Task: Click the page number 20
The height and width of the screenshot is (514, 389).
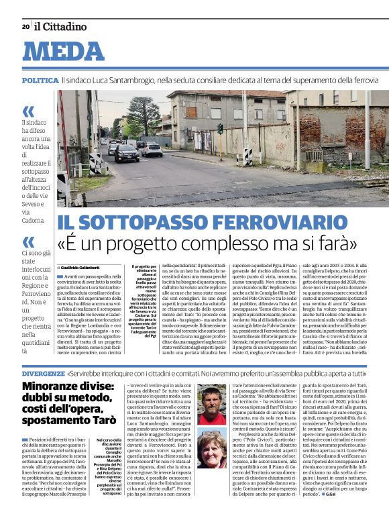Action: coord(25,27)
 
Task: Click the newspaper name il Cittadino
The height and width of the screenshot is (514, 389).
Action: coord(60,27)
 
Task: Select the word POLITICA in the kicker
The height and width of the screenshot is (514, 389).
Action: coord(39,80)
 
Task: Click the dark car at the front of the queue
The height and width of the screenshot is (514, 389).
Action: coord(127,153)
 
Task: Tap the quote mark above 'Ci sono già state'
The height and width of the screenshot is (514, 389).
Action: coord(28,241)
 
